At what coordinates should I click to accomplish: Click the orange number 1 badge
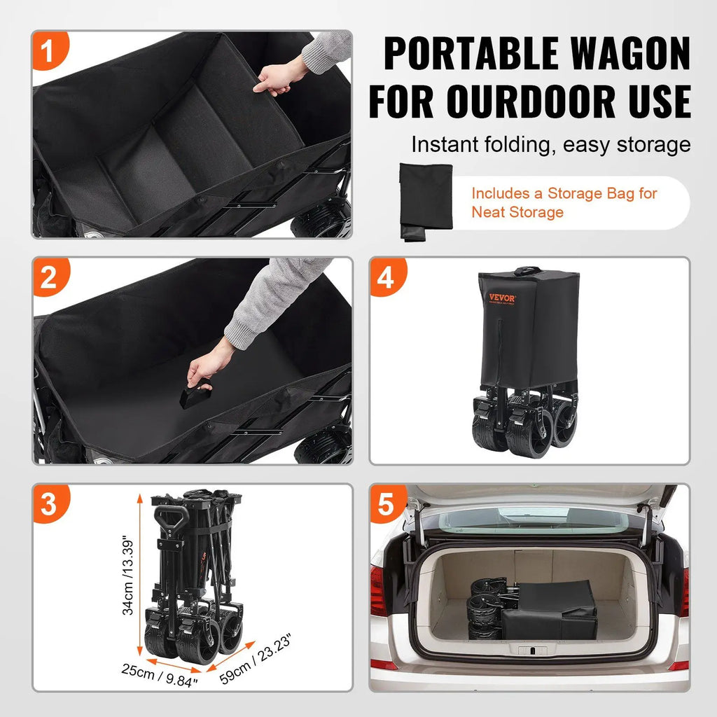tap(49, 52)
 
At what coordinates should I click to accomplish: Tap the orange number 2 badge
tap(49, 278)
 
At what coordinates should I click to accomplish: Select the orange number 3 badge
tap(49, 504)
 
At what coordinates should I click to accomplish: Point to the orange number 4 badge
tap(386, 278)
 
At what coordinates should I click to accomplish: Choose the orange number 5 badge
tap(386, 504)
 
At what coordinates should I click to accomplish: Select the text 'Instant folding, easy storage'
tap(550, 145)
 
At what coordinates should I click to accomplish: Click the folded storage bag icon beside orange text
tap(426, 202)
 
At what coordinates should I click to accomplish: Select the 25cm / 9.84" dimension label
tap(159, 675)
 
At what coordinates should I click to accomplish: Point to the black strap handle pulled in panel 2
tap(195, 395)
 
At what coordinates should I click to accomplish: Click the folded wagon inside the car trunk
tap(532, 607)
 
